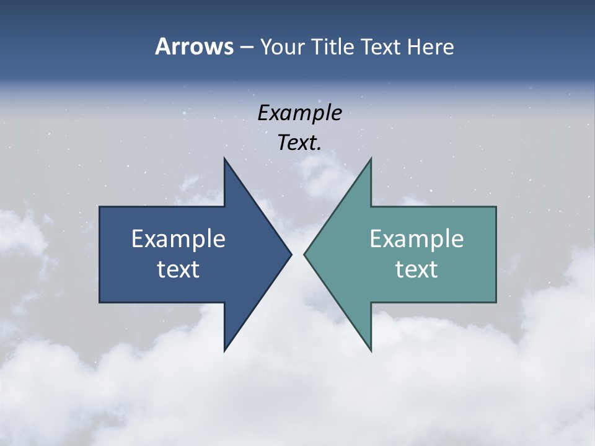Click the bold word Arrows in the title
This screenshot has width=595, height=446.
point(193,47)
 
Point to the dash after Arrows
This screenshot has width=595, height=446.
point(246,48)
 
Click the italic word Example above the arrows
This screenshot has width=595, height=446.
point(300,113)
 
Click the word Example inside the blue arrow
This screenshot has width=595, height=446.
point(178,238)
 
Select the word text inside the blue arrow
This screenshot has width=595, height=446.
point(178,269)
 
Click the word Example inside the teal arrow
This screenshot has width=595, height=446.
point(416,238)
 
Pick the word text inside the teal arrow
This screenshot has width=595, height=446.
point(416,269)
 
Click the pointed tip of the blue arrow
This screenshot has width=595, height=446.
point(291,254)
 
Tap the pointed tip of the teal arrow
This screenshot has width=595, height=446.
point(304,254)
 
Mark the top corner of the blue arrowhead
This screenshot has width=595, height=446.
point(224,159)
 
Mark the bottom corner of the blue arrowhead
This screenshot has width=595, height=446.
point(224,351)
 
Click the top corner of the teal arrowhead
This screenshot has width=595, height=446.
point(371,159)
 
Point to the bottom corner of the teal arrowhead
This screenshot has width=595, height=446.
point(371,351)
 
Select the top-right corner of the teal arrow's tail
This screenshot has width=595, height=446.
point(496,207)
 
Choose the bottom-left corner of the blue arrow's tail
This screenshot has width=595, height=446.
point(100,302)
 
